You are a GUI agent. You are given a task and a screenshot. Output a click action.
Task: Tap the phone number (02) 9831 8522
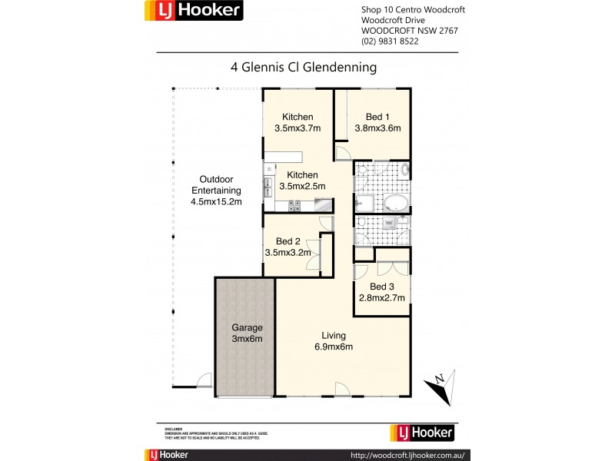(x=390, y=41)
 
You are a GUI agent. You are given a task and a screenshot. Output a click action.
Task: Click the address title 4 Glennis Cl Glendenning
(x=304, y=67)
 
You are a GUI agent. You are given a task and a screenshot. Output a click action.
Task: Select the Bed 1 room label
(x=377, y=117)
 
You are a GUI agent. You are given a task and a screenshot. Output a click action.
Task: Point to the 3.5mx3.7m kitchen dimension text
(x=297, y=128)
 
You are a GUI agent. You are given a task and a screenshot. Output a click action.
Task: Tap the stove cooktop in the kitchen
(x=294, y=206)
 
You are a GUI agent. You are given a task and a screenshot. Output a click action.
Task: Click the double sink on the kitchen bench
(x=268, y=187)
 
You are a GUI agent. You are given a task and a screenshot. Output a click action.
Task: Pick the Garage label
(x=244, y=327)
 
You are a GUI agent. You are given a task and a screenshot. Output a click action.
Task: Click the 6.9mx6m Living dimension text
(x=334, y=347)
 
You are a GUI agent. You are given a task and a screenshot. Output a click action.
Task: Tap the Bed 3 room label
(x=381, y=287)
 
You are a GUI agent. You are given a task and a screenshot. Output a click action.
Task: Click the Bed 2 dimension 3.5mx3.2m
(x=288, y=251)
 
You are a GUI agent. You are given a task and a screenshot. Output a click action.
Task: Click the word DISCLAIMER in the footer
(x=173, y=429)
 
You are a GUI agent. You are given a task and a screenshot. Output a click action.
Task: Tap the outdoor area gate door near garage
(x=204, y=380)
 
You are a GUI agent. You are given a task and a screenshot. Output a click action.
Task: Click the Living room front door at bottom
(x=344, y=390)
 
